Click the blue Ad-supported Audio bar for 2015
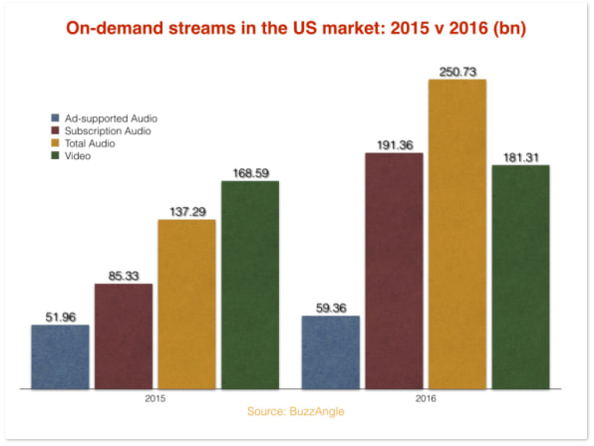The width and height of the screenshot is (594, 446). click(60, 356)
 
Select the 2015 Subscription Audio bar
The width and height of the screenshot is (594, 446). click(124, 336)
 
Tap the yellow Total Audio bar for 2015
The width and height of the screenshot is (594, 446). click(186, 305)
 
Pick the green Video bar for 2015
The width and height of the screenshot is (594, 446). click(250, 285)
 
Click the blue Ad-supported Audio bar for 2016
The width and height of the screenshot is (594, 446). click(331, 352)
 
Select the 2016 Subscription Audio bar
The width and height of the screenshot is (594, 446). click(395, 271)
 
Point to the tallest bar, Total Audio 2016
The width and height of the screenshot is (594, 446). click(457, 234)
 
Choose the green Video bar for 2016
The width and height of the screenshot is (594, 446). click(521, 277)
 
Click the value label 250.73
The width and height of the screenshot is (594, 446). click(457, 72)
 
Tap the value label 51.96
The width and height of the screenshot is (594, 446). click(61, 317)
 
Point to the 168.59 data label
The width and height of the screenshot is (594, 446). click(251, 173)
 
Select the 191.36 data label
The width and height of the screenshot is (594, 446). click(395, 145)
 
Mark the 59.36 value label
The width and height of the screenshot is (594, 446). click(331, 308)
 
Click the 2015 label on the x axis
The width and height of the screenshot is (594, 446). click(154, 398)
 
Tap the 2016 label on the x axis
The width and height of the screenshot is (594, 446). click(426, 398)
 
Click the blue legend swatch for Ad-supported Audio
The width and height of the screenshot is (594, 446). click(55, 117)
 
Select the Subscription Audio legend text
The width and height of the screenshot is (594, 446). click(108, 130)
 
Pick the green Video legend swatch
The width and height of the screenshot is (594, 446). click(55, 155)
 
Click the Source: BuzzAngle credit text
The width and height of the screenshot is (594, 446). click(295, 411)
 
